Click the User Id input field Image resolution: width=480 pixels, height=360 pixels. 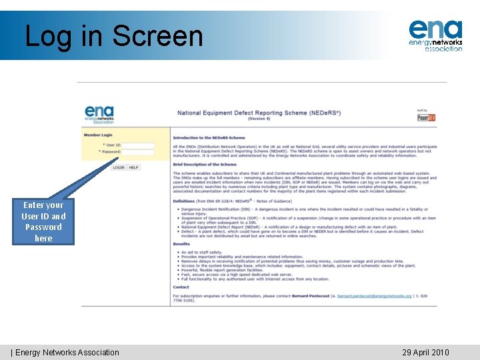pyautogui.click(x=138, y=145)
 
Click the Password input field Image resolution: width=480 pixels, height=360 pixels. pyautogui.click(x=138, y=152)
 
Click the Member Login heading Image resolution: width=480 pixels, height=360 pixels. pyautogui.click(x=98, y=135)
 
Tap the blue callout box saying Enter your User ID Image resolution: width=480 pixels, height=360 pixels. pyautogui.click(x=43, y=221)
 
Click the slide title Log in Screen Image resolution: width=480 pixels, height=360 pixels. pyautogui.click(x=113, y=35)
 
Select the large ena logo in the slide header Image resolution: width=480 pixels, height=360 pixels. pyautogui.click(x=435, y=35)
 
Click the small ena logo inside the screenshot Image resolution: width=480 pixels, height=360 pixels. pyautogui.click(x=99, y=114)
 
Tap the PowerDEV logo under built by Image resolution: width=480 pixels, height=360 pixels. pyautogui.click(x=426, y=117)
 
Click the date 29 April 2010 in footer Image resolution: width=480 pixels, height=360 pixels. pyautogui.click(x=425, y=353)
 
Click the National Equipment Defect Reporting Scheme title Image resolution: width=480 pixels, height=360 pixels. pyautogui.click(x=259, y=113)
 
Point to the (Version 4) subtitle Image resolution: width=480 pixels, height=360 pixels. pyautogui.click(x=259, y=119)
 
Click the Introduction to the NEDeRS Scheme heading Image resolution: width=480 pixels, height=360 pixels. pyautogui.click(x=209, y=138)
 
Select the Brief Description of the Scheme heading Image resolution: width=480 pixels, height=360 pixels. pyautogui.click(x=204, y=164)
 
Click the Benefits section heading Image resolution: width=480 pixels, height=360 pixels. pyautogui.click(x=181, y=244)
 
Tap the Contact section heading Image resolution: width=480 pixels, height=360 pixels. pyautogui.click(x=181, y=287)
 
